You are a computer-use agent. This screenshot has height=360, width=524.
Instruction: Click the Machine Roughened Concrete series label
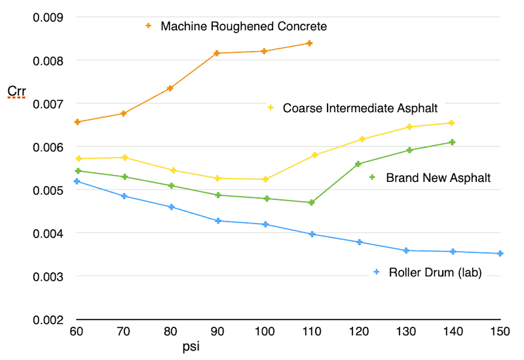coord(244,27)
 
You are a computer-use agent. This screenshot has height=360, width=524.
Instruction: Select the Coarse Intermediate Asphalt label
coord(360,108)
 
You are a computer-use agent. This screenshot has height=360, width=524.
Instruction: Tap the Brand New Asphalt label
coord(438,177)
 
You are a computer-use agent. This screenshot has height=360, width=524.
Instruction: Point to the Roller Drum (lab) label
coord(435,273)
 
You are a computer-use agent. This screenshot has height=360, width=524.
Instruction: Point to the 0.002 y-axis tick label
coord(47,320)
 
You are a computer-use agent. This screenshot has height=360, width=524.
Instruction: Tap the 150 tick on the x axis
coord(500,333)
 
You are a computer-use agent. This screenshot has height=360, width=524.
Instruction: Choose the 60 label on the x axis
coord(77,333)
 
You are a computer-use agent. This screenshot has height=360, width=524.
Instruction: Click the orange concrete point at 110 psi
coord(309,43)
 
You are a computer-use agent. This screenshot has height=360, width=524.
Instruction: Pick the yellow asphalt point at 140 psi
coord(451,123)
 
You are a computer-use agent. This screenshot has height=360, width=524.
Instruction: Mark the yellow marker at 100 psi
coord(264,179)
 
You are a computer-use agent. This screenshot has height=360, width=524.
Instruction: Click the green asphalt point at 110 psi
coord(312,202)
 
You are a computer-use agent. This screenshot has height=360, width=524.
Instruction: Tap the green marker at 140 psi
coord(451,142)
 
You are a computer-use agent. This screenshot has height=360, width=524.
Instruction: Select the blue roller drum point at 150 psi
coord(500,253)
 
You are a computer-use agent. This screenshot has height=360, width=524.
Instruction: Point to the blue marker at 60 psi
coord(77,181)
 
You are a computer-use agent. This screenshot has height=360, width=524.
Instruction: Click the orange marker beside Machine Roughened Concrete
coord(148,26)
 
